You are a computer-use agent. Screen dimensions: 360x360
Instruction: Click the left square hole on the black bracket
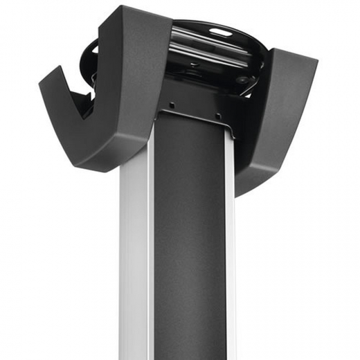(x=172, y=105)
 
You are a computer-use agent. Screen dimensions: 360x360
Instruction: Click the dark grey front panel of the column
(x=190, y=242)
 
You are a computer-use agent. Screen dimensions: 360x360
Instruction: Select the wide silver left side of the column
(x=135, y=263)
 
